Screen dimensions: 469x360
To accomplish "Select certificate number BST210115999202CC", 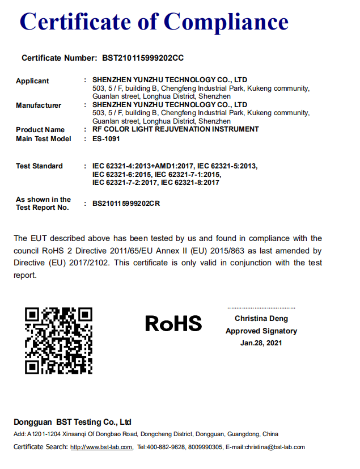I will [143, 58].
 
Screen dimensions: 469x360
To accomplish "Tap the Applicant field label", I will [32, 81].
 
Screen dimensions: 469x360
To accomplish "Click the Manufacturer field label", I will [39, 105].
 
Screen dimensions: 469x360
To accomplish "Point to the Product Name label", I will [40, 130].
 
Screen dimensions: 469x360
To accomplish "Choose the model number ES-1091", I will [105, 138].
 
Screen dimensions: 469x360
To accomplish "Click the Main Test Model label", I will [44, 138].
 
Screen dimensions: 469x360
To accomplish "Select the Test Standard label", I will [39, 166].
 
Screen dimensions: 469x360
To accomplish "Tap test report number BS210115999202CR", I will [126, 204].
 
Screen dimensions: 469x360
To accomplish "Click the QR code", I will [58, 340].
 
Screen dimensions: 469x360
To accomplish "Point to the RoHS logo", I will [173, 323].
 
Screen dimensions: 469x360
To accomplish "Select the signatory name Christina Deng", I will [261, 319].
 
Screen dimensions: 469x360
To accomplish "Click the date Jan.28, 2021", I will [261, 343].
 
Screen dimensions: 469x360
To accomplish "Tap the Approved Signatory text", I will [261, 331].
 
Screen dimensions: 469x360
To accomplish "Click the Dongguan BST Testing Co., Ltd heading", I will [73, 422].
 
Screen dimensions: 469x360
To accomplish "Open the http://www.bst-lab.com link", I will [101, 447].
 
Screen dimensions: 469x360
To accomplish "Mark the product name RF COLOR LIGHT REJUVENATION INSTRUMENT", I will [175, 130].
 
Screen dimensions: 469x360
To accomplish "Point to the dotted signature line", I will [261, 307].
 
